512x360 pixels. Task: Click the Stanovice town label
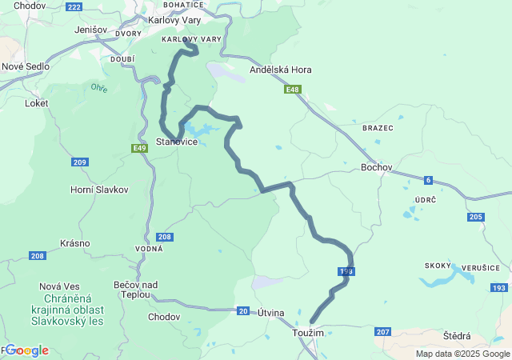click(177, 142)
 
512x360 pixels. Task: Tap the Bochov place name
click(376, 167)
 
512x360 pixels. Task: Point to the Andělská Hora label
click(281, 70)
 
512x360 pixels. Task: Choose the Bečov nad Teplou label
click(136, 290)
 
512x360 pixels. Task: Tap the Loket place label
click(37, 103)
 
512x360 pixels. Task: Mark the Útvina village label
click(271, 313)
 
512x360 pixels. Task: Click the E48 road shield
click(293, 90)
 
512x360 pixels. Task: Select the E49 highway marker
click(140, 148)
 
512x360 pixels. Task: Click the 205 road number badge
click(475, 217)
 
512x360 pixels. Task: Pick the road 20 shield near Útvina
click(242, 310)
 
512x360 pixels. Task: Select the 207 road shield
click(382, 331)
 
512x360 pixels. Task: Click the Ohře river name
click(99, 87)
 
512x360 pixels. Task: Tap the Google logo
click(27, 350)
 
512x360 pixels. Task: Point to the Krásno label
click(74, 243)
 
